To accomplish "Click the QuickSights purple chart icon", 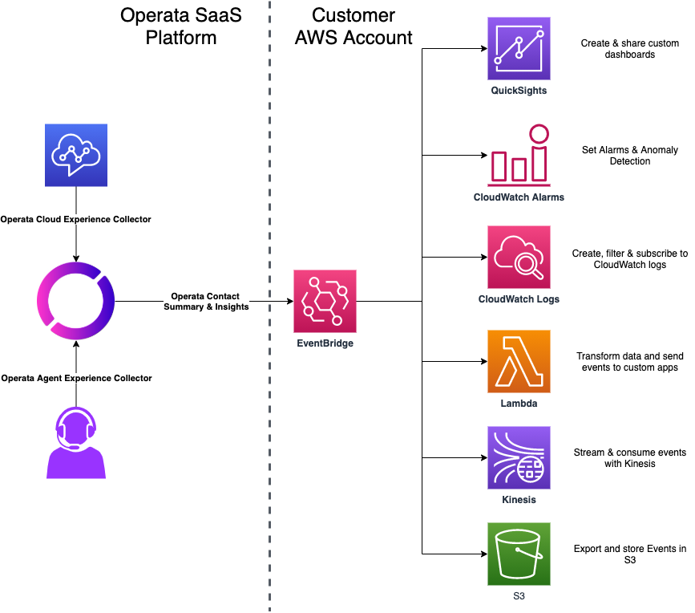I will [x=519, y=49].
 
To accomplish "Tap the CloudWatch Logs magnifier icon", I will [x=519, y=257].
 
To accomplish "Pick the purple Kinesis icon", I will [x=519, y=458].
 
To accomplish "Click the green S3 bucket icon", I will [x=519, y=554].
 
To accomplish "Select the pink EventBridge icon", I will [x=325, y=302].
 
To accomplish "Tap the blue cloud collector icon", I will [x=76, y=156].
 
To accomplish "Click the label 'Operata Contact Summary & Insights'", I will [x=206, y=301].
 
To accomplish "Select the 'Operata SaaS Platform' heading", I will [x=180, y=26].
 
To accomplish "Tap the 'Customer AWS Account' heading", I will [x=354, y=26].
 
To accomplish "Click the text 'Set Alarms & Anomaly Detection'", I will [x=629, y=156].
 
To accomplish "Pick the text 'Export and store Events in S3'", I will [x=629, y=554].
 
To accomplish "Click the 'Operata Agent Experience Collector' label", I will [x=76, y=378].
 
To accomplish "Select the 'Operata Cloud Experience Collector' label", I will [x=76, y=219].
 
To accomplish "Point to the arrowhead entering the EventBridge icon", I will [x=289, y=302].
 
